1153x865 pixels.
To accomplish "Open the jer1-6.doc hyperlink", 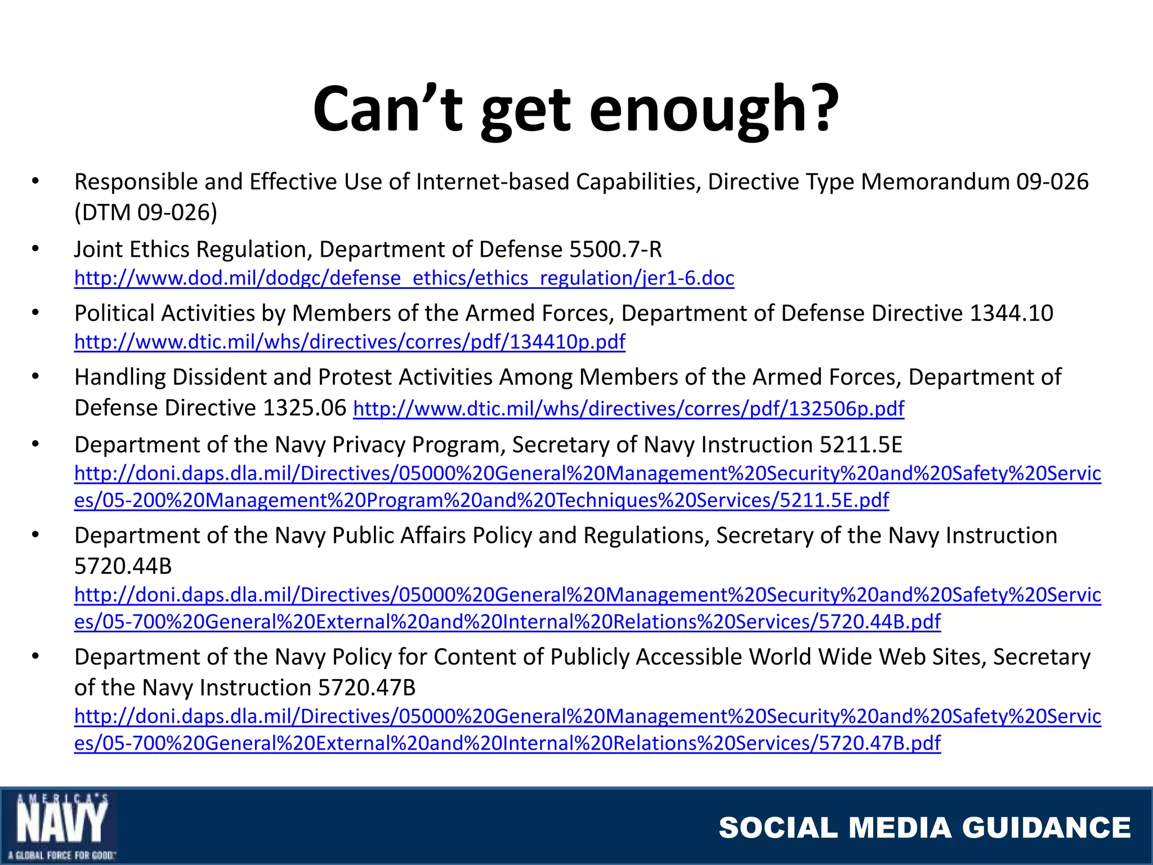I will pyautogui.click(x=404, y=278).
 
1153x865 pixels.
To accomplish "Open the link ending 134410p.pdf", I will pyautogui.click(x=350, y=342).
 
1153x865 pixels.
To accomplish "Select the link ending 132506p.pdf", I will pyautogui.click(x=628, y=408).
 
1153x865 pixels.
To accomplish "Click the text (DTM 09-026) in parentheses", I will pyautogui.click(x=146, y=213).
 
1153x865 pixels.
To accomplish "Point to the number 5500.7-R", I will pyautogui.click(x=615, y=249).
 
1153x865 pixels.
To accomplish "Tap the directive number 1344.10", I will pyautogui.click(x=1011, y=313).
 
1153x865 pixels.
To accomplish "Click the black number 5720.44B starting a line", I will pyautogui.click(x=123, y=566).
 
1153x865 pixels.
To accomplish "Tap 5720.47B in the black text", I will pyautogui.click(x=367, y=688).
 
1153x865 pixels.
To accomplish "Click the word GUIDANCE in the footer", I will pyautogui.click(x=1047, y=828).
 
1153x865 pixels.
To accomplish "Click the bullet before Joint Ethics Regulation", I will pyautogui.click(x=35, y=249).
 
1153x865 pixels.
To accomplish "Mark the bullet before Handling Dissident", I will pyautogui.click(x=35, y=377).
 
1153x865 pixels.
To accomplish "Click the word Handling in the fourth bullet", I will pyautogui.click(x=119, y=377).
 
